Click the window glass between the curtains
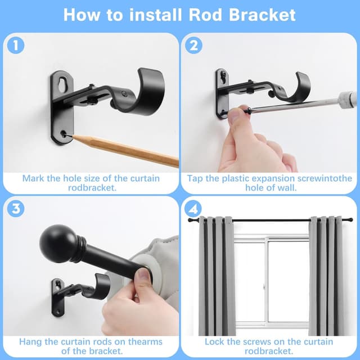(x=270, y=281)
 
